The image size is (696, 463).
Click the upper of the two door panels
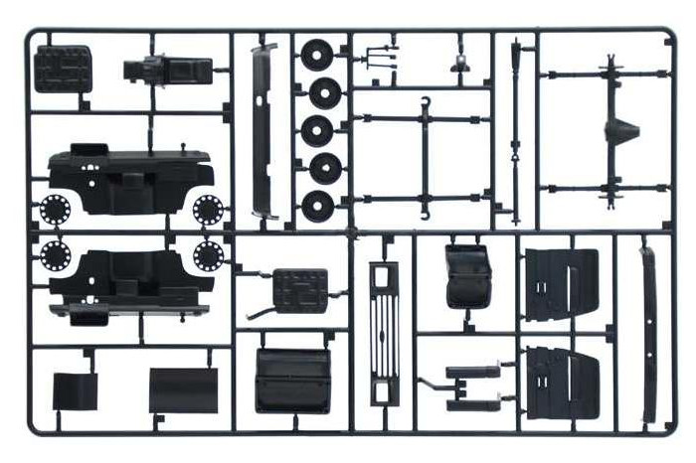(x=561, y=284)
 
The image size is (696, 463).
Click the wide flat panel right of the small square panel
(x=183, y=389)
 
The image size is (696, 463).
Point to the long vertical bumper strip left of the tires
(x=261, y=129)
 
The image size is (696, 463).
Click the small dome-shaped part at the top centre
(x=460, y=63)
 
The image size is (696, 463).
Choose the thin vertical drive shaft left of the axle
(x=514, y=129)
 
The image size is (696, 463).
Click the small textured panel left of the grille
(x=299, y=290)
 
